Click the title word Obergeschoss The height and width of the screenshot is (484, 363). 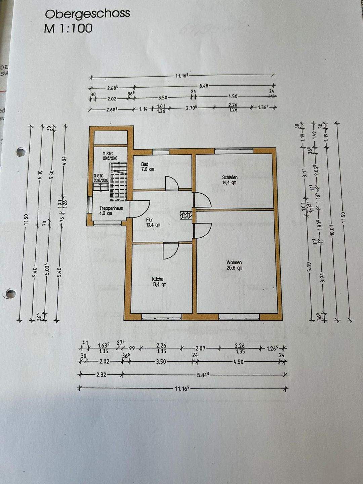87,14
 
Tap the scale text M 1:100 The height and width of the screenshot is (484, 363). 68,28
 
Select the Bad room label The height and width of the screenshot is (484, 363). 145,164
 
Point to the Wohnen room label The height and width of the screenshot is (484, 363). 234,263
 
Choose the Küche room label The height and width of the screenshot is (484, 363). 158,279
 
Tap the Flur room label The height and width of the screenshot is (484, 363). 149,220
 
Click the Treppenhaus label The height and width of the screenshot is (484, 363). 111,208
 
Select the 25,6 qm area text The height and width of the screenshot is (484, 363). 234,268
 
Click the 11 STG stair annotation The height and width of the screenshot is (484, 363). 108,153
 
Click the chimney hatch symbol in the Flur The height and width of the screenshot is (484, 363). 185,215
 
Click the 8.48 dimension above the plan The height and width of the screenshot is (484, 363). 204,86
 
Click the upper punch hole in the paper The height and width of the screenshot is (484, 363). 21,152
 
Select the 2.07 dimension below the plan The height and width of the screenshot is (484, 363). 200,349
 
